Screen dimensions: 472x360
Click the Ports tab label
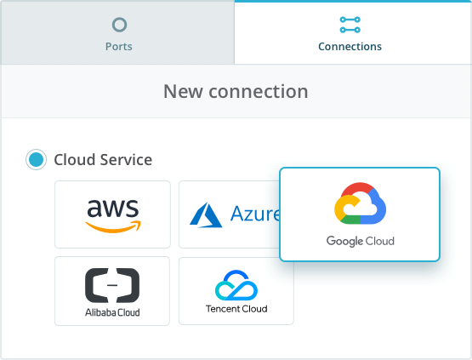(x=118, y=47)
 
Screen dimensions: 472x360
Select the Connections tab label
(x=350, y=47)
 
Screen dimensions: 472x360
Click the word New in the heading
(x=183, y=91)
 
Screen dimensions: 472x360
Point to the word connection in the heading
(x=259, y=91)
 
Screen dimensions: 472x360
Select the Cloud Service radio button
(x=36, y=159)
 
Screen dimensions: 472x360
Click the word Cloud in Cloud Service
(x=75, y=160)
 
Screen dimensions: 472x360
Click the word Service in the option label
(x=126, y=160)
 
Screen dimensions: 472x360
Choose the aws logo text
(x=113, y=208)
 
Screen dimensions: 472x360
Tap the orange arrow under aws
(x=113, y=226)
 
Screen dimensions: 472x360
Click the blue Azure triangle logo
(x=206, y=214)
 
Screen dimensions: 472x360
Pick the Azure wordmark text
(x=255, y=214)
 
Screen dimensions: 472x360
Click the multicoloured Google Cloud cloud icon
(x=360, y=203)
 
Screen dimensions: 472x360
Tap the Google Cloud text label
(x=361, y=241)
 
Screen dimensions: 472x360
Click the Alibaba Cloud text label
(x=112, y=312)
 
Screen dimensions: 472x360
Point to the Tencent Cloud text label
(x=236, y=309)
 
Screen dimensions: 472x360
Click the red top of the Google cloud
(x=357, y=188)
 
